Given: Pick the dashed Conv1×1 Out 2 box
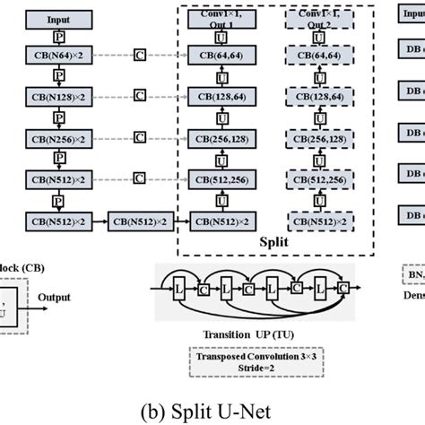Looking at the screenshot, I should pyautogui.click(x=318, y=17).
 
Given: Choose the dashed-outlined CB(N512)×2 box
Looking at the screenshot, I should pyautogui.click(x=318, y=218).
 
